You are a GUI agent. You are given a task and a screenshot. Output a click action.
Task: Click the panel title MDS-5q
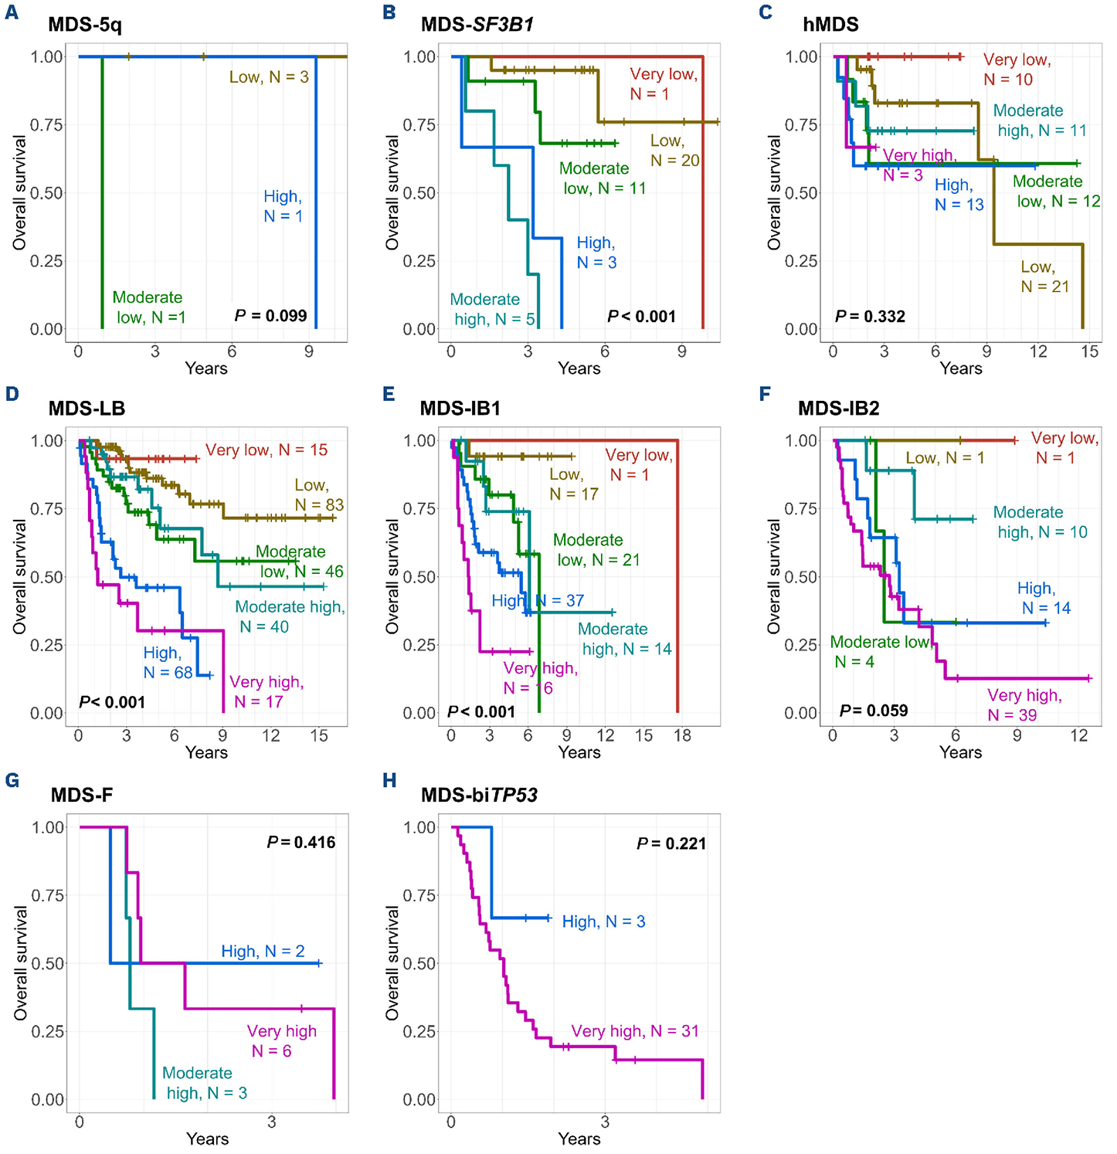click(x=85, y=25)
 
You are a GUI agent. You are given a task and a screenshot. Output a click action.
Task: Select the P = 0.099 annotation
click(x=270, y=316)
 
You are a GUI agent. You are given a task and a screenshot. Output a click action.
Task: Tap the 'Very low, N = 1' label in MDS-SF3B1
click(x=664, y=84)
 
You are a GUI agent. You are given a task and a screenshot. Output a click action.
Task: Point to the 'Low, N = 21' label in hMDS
click(x=1044, y=277)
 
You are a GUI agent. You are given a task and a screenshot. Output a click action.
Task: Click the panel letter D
click(x=12, y=394)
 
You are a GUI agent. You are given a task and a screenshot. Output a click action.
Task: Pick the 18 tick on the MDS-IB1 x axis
click(x=682, y=735)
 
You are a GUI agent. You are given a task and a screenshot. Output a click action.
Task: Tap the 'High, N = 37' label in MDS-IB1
click(x=538, y=600)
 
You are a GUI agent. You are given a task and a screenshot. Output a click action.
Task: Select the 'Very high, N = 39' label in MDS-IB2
click(x=1024, y=705)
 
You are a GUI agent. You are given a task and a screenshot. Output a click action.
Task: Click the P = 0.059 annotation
click(x=874, y=711)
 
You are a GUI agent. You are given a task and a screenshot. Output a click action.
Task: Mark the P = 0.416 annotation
click(x=301, y=842)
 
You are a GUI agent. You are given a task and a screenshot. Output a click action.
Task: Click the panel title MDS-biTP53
click(x=479, y=795)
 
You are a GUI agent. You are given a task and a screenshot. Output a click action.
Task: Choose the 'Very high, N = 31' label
click(x=635, y=1031)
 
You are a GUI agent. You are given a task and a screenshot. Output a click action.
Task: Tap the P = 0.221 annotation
click(x=671, y=843)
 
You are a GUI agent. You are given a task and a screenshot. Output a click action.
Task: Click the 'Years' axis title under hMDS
click(x=961, y=368)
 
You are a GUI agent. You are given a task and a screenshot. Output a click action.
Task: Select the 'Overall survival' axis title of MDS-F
click(x=21, y=963)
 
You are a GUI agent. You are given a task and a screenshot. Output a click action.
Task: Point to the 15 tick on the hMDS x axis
click(x=1089, y=351)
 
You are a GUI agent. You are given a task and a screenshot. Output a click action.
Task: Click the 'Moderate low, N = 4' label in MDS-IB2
click(x=879, y=652)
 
